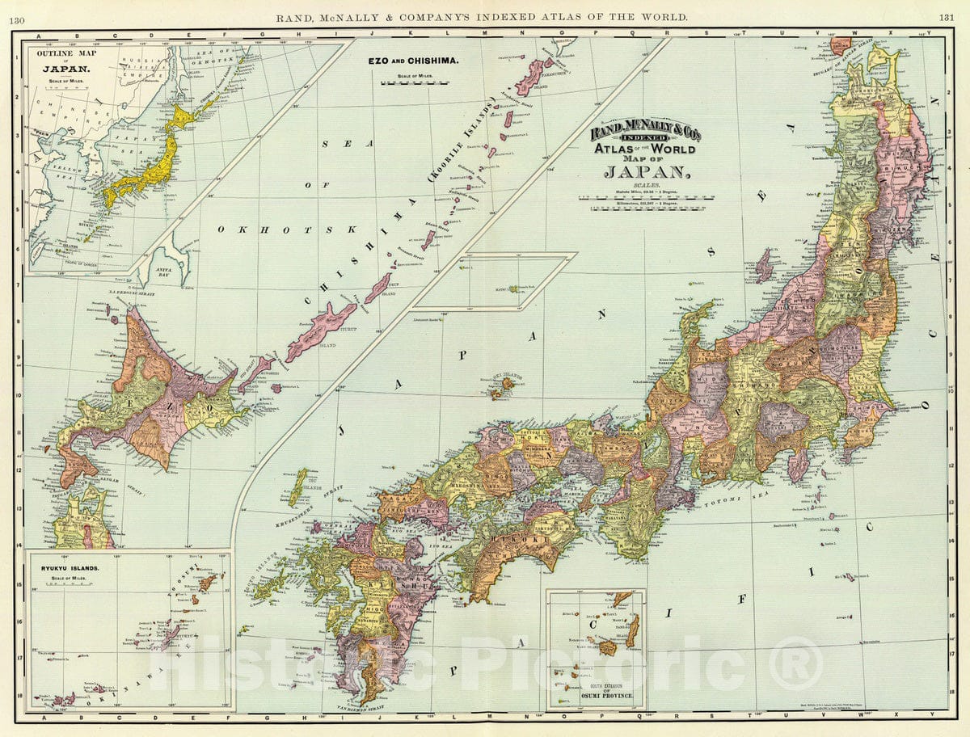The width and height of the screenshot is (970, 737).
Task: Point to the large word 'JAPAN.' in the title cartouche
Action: pyautogui.click(x=644, y=172)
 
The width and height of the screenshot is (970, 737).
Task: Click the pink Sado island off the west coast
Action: pyautogui.click(x=764, y=265)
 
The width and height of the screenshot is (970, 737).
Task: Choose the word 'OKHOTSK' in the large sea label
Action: pyautogui.click(x=286, y=230)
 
